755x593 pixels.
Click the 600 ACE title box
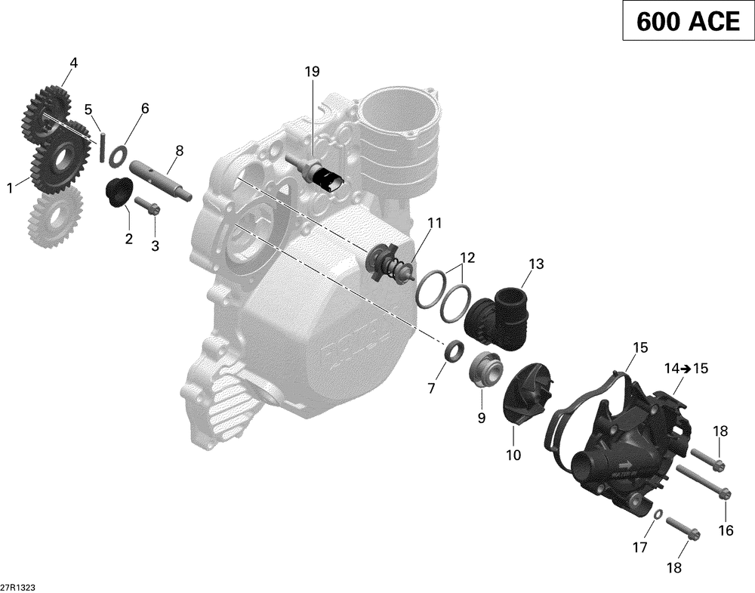pyautogui.click(x=687, y=22)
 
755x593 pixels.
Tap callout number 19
pyautogui.click(x=312, y=72)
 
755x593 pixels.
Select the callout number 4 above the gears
pyautogui.click(x=73, y=63)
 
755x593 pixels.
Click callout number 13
pyautogui.click(x=535, y=264)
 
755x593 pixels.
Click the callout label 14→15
pyautogui.click(x=686, y=369)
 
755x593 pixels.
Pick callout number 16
pyautogui.click(x=726, y=530)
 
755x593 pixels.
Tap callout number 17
pyautogui.click(x=639, y=547)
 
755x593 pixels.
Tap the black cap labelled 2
pyautogui.click(x=119, y=192)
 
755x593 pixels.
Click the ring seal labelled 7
pyautogui.click(x=454, y=351)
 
